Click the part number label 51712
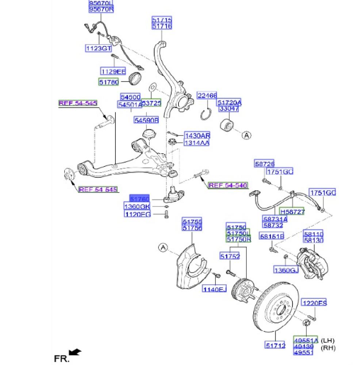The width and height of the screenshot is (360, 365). click(275, 344)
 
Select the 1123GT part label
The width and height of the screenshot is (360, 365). click(99, 48)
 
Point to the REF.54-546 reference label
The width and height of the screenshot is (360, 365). click(228, 186)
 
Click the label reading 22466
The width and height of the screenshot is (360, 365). click(207, 96)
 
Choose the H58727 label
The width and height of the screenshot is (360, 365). click(292, 211)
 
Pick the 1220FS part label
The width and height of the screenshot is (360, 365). click(314, 303)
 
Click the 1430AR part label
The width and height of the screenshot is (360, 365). click(196, 135)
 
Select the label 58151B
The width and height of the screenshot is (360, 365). click(272, 237)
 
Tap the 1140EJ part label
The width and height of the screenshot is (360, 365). click(215, 289)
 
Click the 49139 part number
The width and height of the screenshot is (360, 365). click(306, 346)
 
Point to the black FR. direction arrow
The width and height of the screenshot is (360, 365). click(75, 352)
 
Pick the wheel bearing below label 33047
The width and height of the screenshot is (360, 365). click(229, 124)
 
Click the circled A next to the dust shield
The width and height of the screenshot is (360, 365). click(163, 248)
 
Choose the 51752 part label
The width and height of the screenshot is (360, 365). click(230, 257)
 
